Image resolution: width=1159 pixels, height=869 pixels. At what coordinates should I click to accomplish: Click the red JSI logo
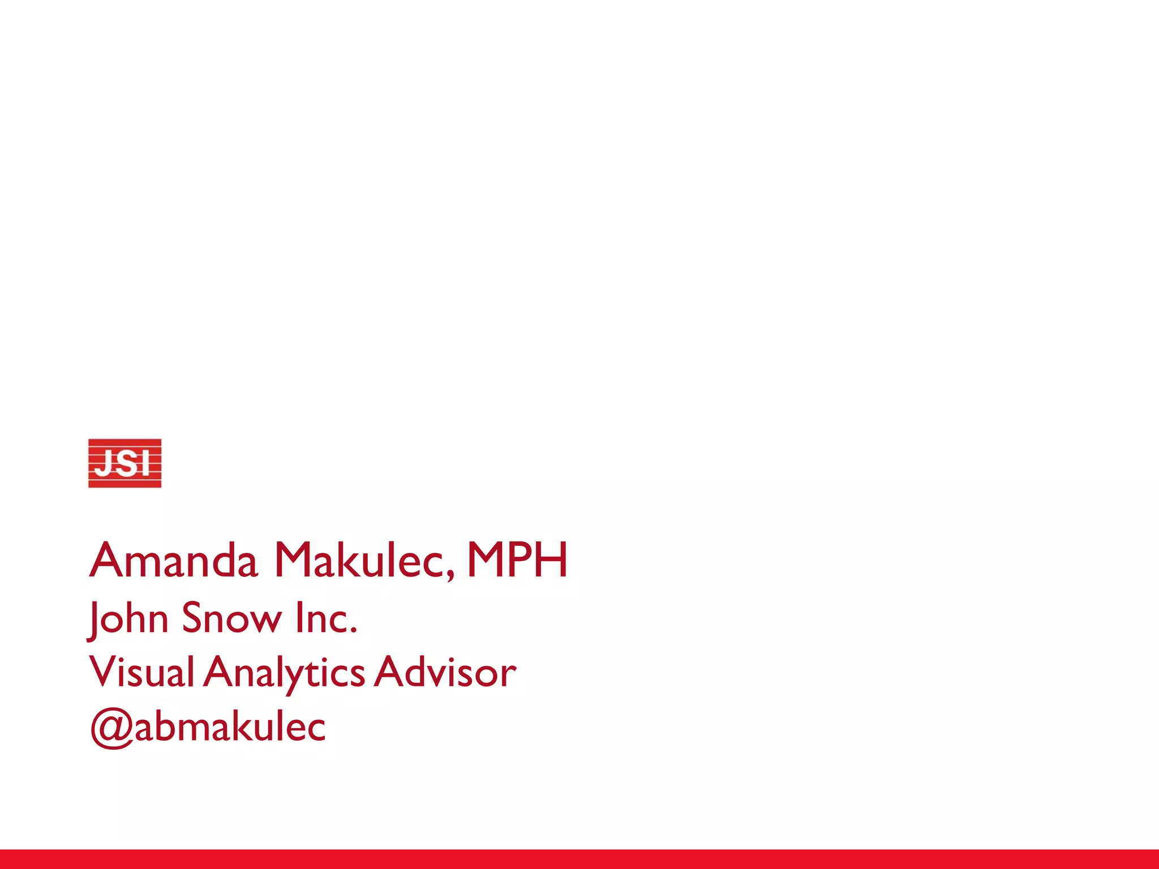pyautogui.click(x=125, y=463)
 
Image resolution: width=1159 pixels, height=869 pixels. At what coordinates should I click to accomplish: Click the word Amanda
pyautogui.click(x=174, y=560)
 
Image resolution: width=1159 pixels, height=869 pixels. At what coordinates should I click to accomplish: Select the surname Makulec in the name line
pyautogui.click(x=362, y=560)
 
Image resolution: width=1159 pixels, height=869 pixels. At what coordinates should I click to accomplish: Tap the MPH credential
pyautogui.click(x=517, y=560)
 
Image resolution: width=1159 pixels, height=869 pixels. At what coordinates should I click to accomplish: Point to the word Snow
pyautogui.click(x=231, y=618)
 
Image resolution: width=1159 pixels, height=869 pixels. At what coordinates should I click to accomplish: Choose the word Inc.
pyautogui.click(x=325, y=618)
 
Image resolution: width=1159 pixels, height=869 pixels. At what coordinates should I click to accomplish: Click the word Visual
pyautogui.click(x=142, y=673)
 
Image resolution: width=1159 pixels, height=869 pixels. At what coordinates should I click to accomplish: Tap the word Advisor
pyautogui.click(x=445, y=673)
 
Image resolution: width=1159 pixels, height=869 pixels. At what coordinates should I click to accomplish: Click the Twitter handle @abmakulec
pyautogui.click(x=208, y=727)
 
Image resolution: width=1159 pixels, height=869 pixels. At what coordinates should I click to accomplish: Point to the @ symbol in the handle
pyautogui.click(x=111, y=730)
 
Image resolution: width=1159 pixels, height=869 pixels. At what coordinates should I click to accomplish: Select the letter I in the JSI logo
pyautogui.click(x=145, y=463)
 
